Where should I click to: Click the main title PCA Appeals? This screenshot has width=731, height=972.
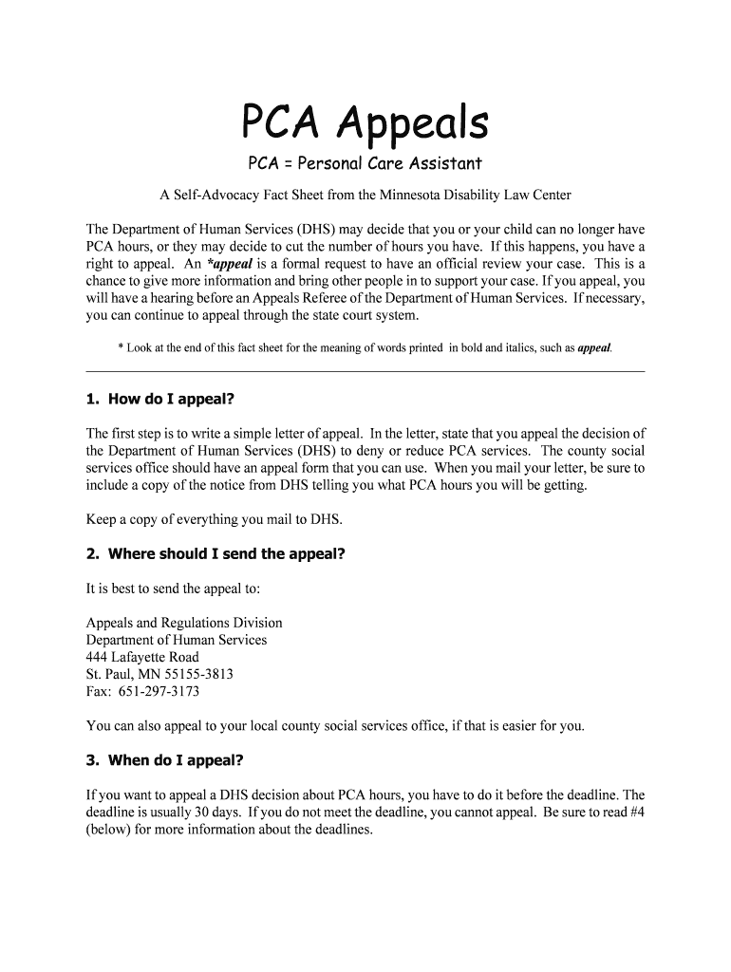pyautogui.click(x=365, y=122)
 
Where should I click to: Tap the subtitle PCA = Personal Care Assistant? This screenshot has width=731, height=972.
pyautogui.click(x=365, y=163)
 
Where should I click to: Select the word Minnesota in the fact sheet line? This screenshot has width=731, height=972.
pyautogui.click(x=422, y=196)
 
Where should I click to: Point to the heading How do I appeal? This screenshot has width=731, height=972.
pyautogui.click(x=171, y=399)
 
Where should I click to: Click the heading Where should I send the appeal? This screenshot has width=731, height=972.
pyautogui.click(x=226, y=553)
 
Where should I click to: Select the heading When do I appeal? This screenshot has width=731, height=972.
pyautogui.click(x=176, y=760)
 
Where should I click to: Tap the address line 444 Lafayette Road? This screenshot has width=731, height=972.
pyautogui.click(x=142, y=657)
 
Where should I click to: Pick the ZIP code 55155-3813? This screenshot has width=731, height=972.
pyautogui.click(x=198, y=674)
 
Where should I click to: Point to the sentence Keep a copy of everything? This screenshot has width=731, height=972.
pyautogui.click(x=214, y=519)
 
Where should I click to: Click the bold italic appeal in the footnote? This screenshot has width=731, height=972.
pyautogui.click(x=594, y=348)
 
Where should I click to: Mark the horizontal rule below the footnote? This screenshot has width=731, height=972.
pyautogui.click(x=365, y=370)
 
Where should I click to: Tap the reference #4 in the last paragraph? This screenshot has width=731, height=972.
pyautogui.click(x=634, y=812)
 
